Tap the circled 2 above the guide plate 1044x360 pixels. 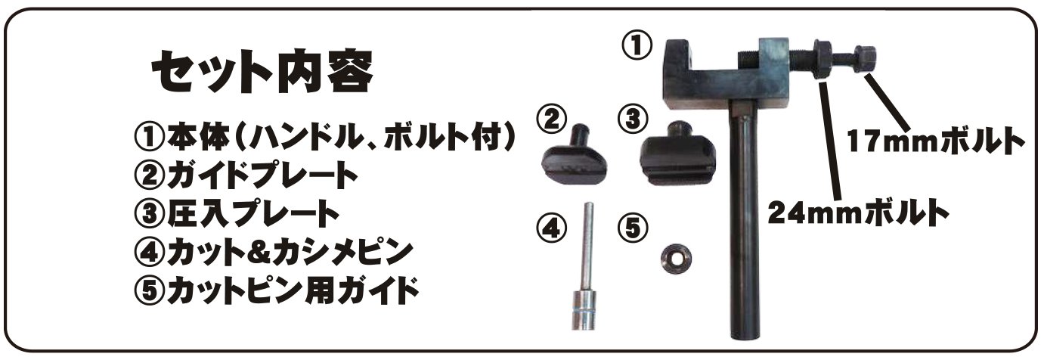tap(552, 119)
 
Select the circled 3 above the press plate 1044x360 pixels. tap(633, 119)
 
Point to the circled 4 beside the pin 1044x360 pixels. tap(552, 228)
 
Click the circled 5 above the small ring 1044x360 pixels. tap(633, 228)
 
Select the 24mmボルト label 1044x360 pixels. tap(859, 213)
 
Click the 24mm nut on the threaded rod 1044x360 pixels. tap(822, 60)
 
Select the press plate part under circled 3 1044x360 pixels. tap(677, 157)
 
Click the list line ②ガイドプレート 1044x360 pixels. tap(246, 175)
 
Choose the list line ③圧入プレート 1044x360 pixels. tap(237, 214)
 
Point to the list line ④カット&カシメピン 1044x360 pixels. tap(273, 253)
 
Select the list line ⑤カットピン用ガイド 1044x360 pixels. tap(276, 290)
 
